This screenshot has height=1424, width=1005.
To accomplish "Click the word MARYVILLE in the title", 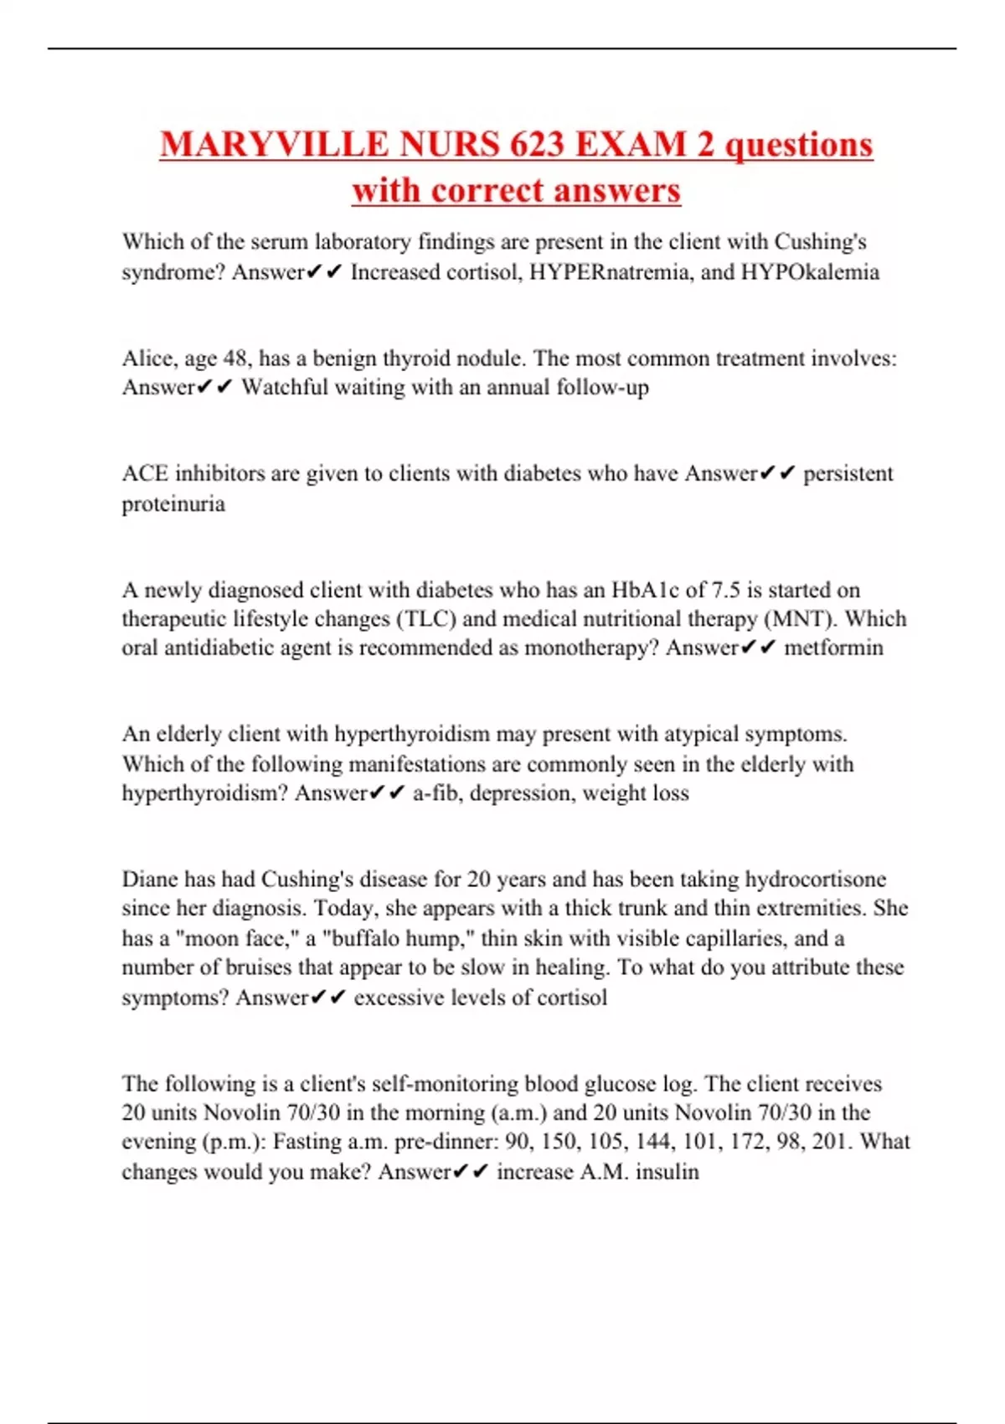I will (x=274, y=144).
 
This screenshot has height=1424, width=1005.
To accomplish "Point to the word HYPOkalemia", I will (x=810, y=272).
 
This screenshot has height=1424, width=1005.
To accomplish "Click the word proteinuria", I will (x=173, y=503).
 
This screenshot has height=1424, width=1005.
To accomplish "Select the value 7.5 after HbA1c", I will (x=725, y=590).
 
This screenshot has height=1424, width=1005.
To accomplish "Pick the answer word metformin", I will (x=833, y=648).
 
